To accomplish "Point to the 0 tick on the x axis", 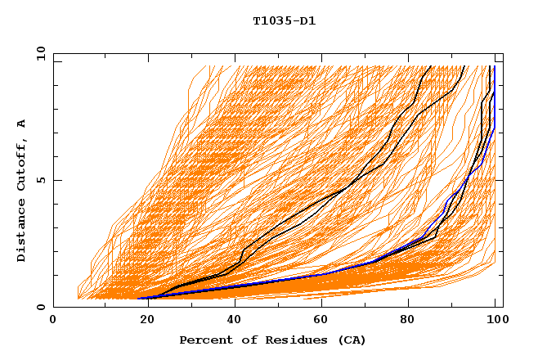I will click(x=54, y=320).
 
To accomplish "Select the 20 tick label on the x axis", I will click(x=142, y=320).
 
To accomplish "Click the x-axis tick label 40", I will click(x=231, y=320).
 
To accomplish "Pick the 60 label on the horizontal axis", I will click(x=320, y=320).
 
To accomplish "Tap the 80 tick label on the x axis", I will click(x=408, y=320).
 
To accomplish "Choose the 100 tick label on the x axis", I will click(x=495, y=320).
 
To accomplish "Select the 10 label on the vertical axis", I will click(x=38, y=53).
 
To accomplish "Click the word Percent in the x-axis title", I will click(x=204, y=340).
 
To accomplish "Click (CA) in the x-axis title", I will click(x=351, y=340).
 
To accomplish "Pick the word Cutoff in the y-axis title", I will click(x=22, y=166).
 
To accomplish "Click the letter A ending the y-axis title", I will click(x=22, y=124).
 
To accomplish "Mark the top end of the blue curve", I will click(x=494, y=67).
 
